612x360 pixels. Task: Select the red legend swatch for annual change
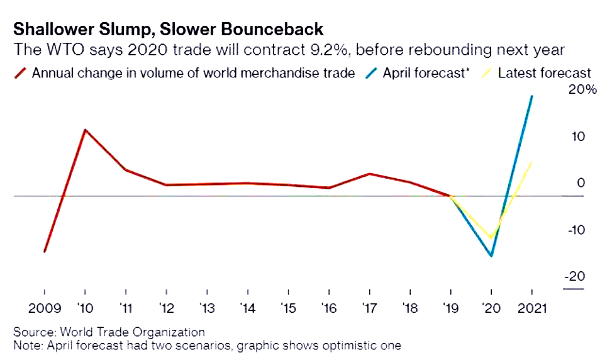tap(20, 73)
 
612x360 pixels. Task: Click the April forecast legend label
tap(425, 73)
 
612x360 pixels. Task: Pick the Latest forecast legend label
tap(545, 73)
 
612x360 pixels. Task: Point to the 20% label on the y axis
tap(582, 90)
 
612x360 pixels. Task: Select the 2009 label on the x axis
tap(44, 309)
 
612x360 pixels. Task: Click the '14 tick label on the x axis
tap(248, 309)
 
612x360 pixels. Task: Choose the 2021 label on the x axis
tap(532, 309)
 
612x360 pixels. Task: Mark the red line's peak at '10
tap(85, 130)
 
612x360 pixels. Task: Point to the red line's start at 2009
tap(45, 252)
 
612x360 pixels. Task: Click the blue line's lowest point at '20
tap(491, 256)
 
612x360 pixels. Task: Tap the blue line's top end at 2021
tap(532, 96)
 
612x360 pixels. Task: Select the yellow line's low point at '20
tap(491, 238)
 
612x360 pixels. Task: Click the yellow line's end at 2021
tap(532, 162)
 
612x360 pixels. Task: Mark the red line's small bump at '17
tap(370, 174)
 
